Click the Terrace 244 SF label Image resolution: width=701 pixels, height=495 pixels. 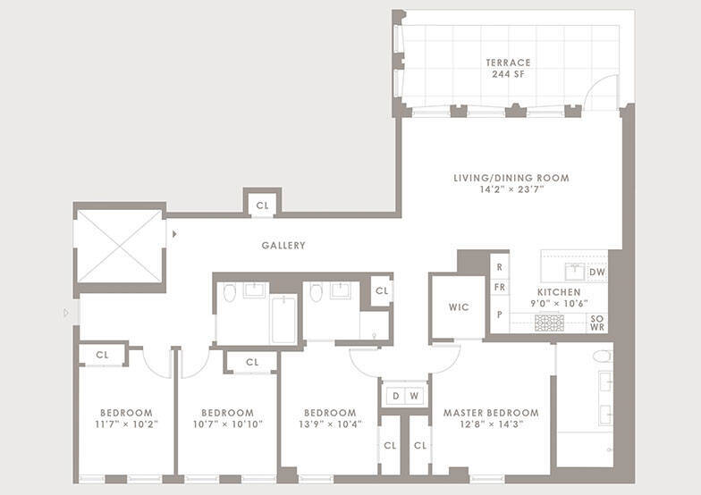click(x=508, y=68)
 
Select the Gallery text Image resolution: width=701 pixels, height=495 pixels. click(x=283, y=245)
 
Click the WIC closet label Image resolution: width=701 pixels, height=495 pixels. click(x=460, y=307)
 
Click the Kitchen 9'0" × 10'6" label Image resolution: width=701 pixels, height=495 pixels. click(x=559, y=298)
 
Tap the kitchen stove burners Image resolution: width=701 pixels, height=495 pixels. click(x=549, y=323)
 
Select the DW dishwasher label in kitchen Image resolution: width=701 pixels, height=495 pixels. click(x=597, y=272)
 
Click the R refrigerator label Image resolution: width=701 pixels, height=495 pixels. click(x=499, y=267)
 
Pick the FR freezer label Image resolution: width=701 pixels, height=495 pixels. click(x=499, y=287)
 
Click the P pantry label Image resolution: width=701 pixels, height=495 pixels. click(x=499, y=315)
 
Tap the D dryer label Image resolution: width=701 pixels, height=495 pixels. click(x=395, y=396)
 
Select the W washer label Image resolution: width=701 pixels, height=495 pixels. click(x=415, y=396)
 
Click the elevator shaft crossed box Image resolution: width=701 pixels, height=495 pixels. click(x=120, y=247)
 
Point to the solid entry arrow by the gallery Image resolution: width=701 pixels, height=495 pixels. click(x=174, y=234)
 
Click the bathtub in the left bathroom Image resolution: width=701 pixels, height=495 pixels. click(x=284, y=320)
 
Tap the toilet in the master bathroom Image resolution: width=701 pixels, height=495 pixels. click(x=603, y=356)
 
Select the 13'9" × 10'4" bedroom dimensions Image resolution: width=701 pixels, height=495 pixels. click(x=331, y=424)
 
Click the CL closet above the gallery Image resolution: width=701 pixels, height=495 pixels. click(x=263, y=206)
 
